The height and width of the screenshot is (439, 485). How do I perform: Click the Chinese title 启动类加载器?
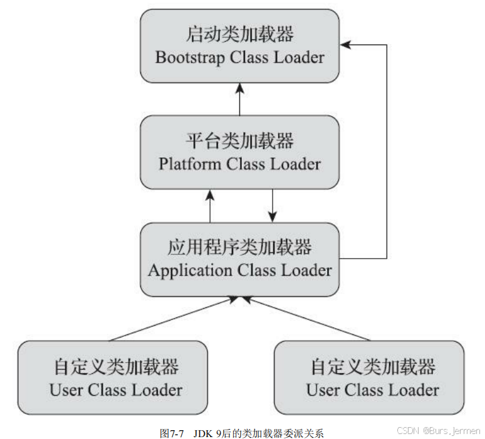pyautogui.click(x=240, y=34)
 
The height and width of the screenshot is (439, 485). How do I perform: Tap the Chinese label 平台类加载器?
pyautogui.click(x=240, y=140)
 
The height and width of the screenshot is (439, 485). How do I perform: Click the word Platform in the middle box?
pyautogui.click(x=190, y=164)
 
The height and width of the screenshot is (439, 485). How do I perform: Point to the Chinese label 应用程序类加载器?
pyautogui.click(x=240, y=247)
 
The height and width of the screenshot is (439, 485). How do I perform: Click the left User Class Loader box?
pyautogui.click(x=112, y=376)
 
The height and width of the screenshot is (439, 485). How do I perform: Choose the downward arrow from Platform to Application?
pyautogui.click(x=273, y=205)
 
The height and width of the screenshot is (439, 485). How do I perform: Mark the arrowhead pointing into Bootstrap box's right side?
pyautogui.click(x=345, y=45)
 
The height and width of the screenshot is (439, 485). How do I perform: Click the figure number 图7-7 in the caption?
pyautogui.click(x=170, y=433)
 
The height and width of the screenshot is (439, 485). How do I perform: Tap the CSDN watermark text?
pyautogui.click(x=409, y=431)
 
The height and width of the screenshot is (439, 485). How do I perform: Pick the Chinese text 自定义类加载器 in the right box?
pyautogui.click(x=372, y=366)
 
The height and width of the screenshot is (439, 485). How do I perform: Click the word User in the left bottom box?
pyautogui.click(x=66, y=390)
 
